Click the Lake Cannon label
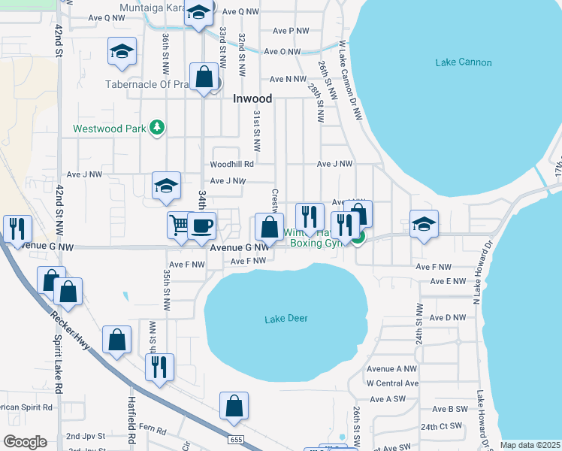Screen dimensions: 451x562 464,62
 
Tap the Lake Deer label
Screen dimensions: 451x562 286,319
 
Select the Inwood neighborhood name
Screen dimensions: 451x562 252,98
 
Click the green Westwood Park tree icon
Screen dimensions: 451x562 157,128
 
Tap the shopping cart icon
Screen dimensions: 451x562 179,224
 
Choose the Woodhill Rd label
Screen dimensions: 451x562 232,162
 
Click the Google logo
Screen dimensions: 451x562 26,442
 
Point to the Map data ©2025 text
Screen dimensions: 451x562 530,445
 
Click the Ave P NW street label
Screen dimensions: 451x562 292,31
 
